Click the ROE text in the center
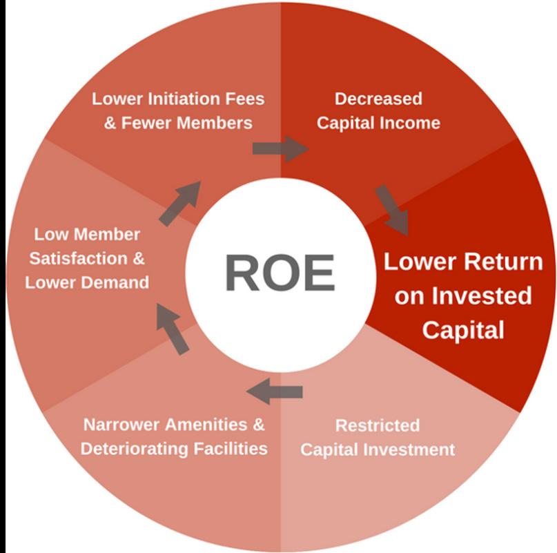click(280, 272)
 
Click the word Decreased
click(378, 99)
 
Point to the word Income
click(415, 124)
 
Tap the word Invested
click(482, 295)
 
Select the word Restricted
click(378, 425)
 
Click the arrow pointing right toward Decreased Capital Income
click(280, 148)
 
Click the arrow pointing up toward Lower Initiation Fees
click(181, 203)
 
